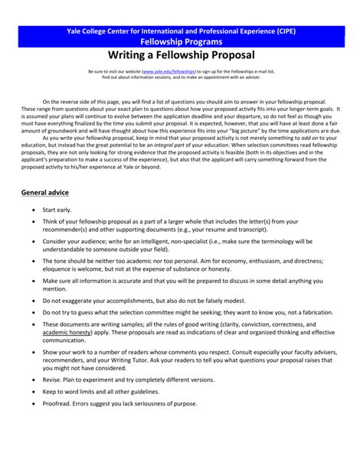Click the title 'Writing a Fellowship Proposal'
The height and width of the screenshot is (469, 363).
point(181,56)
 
